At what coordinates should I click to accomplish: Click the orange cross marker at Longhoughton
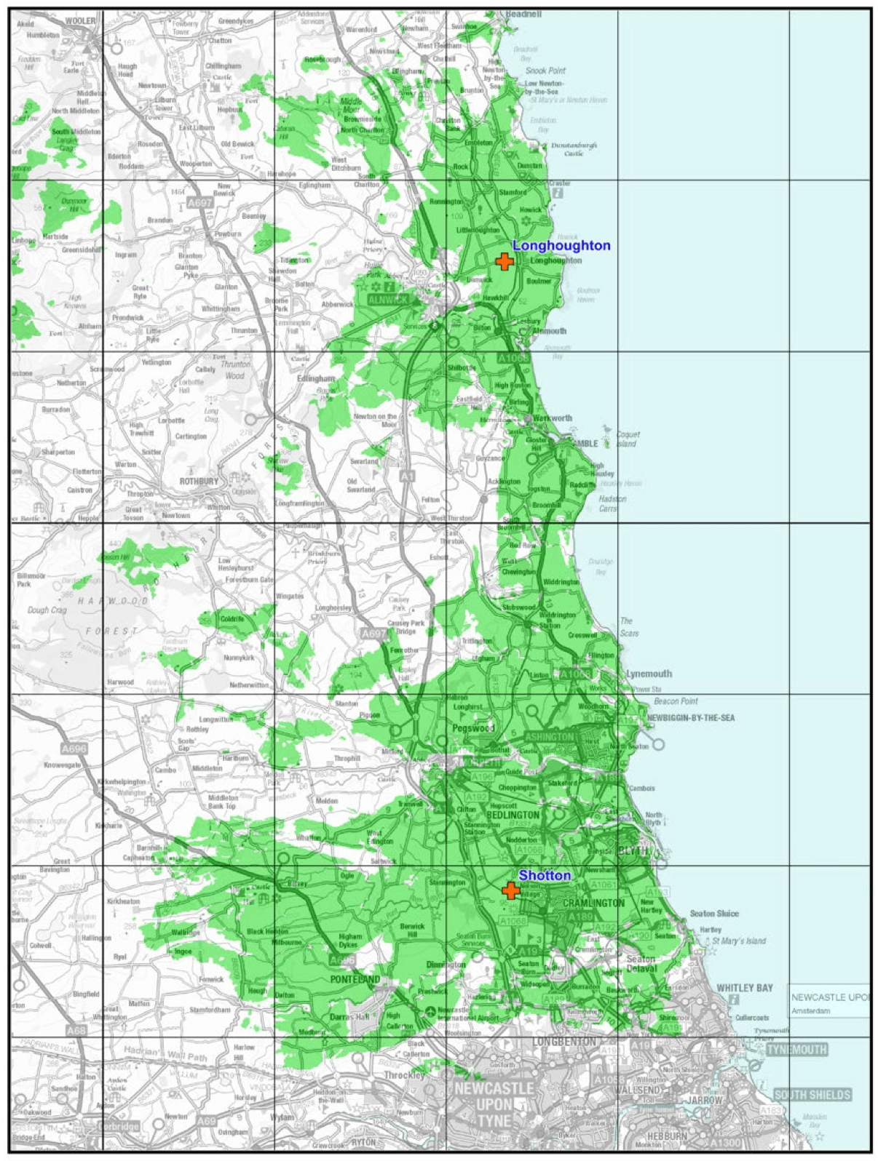504,262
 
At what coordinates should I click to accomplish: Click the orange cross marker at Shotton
511,890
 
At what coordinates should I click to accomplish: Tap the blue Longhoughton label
561,245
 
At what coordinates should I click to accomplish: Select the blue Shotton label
544,875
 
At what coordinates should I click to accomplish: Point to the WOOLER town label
80,21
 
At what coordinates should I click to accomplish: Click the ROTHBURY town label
199,482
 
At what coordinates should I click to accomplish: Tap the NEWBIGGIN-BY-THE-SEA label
691,718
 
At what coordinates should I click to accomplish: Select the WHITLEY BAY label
744,988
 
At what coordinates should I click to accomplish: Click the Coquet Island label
628,439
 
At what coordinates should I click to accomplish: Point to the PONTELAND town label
355,980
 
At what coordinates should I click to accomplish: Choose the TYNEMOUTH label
796,1050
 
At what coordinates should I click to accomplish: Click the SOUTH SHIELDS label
812,1095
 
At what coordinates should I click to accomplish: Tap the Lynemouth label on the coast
649,674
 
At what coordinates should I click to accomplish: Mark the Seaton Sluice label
713,914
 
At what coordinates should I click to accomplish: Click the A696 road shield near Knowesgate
74,748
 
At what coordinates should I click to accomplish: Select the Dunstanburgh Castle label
574,149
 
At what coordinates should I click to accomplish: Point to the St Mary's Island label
738,941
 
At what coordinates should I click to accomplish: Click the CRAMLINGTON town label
593,903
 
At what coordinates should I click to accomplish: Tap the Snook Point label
545,71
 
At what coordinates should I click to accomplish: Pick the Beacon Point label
676,701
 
